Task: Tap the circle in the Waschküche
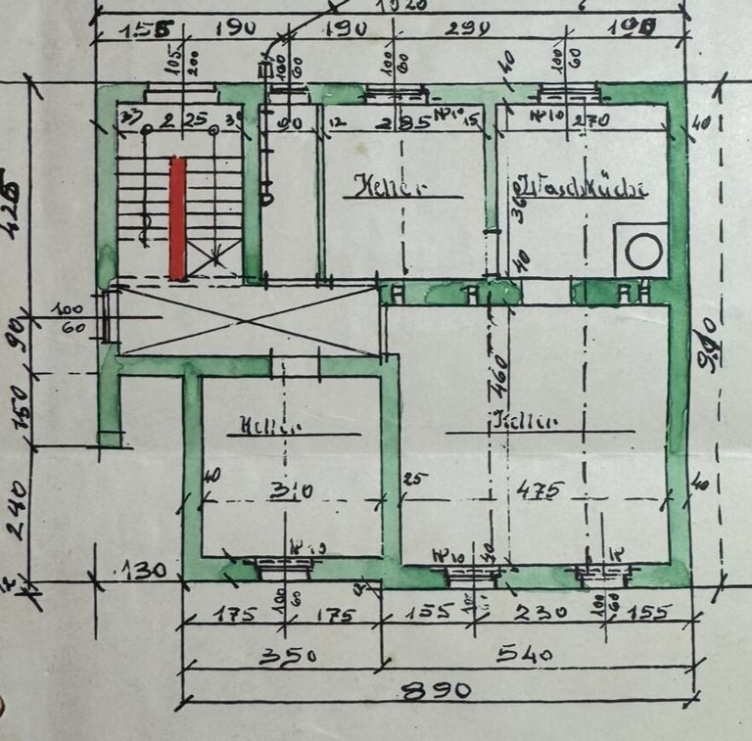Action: point(643,252)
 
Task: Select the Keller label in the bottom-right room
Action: point(525,422)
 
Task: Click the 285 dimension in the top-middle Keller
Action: point(401,122)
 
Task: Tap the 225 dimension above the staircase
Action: point(185,120)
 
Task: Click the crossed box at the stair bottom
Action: point(213,260)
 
